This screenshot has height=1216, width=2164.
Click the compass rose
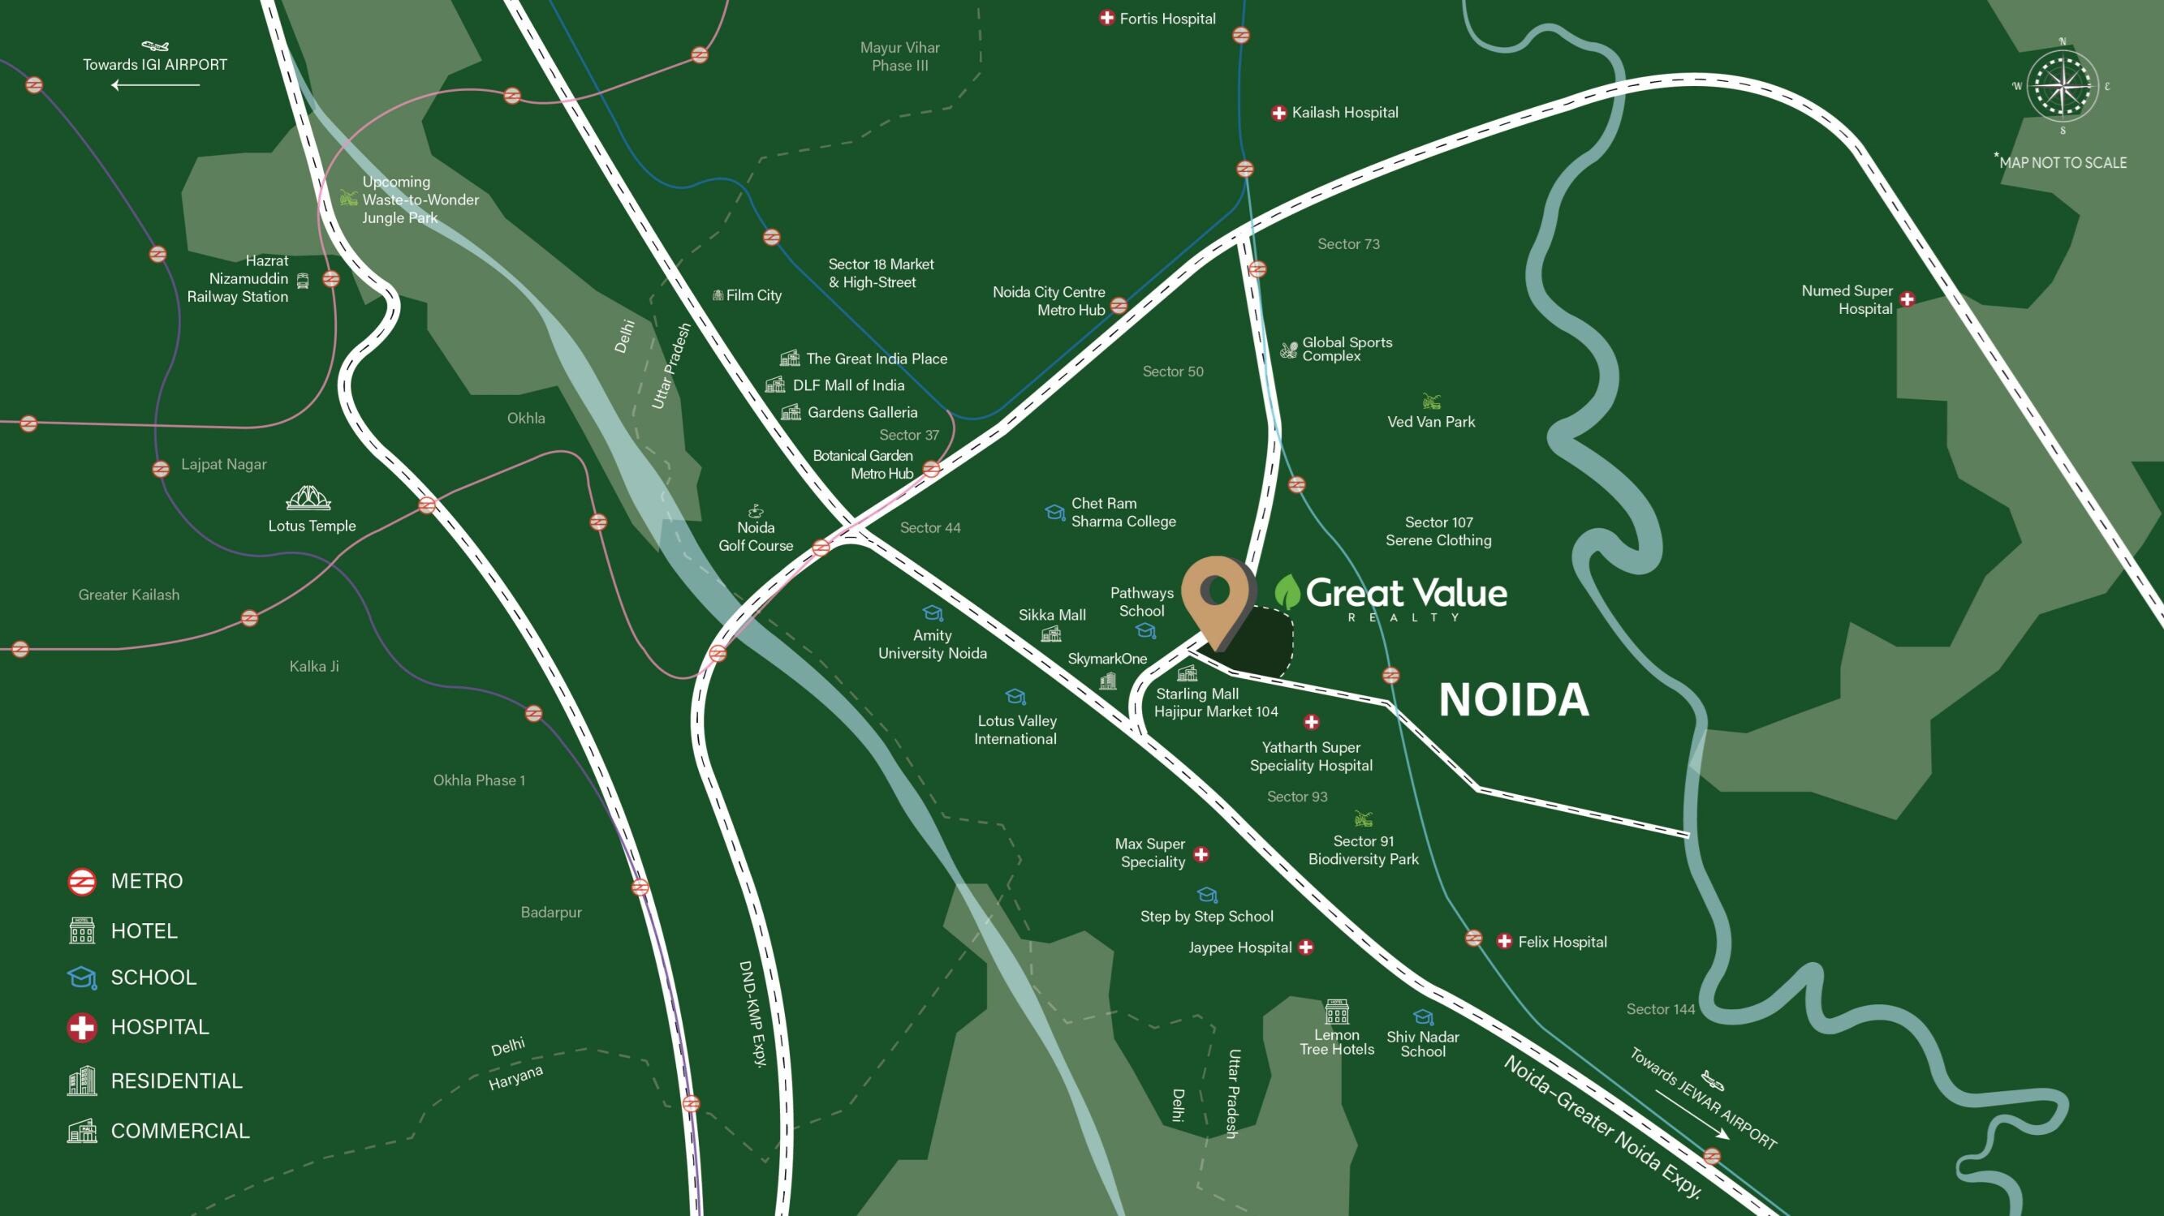(x=2063, y=87)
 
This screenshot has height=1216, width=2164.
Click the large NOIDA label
(x=1514, y=699)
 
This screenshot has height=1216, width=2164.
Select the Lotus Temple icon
(x=308, y=498)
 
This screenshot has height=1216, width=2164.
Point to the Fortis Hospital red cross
(x=1106, y=18)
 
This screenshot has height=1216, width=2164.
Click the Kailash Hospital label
(x=1344, y=113)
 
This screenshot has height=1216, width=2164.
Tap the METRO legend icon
(x=81, y=881)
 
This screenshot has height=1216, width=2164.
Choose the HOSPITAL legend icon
(x=81, y=1026)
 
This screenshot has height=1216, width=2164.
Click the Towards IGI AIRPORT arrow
(x=155, y=85)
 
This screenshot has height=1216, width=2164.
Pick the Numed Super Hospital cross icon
(x=1907, y=299)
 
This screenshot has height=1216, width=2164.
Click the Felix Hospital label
(x=1562, y=943)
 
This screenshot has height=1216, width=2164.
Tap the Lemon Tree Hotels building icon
(x=1337, y=1011)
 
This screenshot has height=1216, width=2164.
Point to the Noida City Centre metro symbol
(x=1119, y=306)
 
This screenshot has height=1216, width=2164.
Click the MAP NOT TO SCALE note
(x=2062, y=162)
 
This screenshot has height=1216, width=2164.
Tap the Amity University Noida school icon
(x=933, y=613)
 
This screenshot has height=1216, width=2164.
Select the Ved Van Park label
(x=1430, y=422)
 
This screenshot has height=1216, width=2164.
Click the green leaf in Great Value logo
(x=1287, y=592)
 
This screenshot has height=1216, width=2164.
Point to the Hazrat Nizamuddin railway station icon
(x=304, y=281)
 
